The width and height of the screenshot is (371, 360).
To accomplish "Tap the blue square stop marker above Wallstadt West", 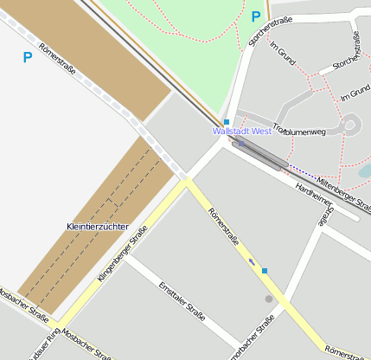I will point(227,122).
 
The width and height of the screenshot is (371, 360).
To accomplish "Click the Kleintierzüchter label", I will point(97,227).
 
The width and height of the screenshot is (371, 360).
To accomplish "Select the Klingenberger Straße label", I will point(122,254).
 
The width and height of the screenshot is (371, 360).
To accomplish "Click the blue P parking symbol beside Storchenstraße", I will point(255,16).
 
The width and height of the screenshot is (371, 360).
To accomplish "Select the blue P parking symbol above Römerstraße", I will point(27,58).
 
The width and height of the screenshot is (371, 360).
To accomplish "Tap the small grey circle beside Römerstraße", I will point(269,299).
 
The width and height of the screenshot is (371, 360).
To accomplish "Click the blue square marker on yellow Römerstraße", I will point(265,271).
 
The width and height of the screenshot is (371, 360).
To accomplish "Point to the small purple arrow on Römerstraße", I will point(252,260).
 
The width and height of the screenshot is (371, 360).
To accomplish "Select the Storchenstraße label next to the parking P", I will point(270,30).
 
